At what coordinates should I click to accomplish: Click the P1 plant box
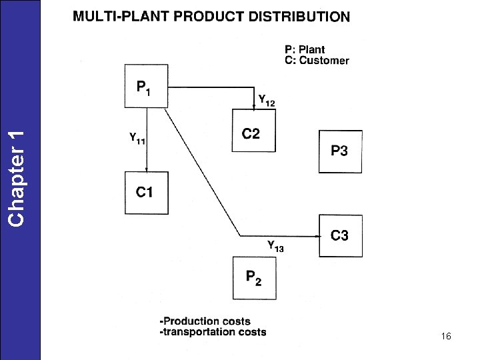click(x=145, y=85)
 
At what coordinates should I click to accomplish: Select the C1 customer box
click(x=145, y=193)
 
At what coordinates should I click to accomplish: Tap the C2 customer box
click(x=253, y=131)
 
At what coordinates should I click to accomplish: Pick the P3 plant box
click(x=340, y=151)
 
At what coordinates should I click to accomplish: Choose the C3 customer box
click(x=340, y=235)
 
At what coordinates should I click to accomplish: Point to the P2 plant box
click(x=253, y=277)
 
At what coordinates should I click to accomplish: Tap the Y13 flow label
click(x=275, y=246)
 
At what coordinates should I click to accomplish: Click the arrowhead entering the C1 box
click(x=146, y=169)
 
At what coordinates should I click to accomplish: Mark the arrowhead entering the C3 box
click(x=315, y=235)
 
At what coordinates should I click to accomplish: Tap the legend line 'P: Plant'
click(x=305, y=49)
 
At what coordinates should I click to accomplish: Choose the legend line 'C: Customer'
click(x=316, y=60)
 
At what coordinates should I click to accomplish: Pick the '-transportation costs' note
click(x=213, y=331)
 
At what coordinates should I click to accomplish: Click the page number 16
click(x=446, y=337)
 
